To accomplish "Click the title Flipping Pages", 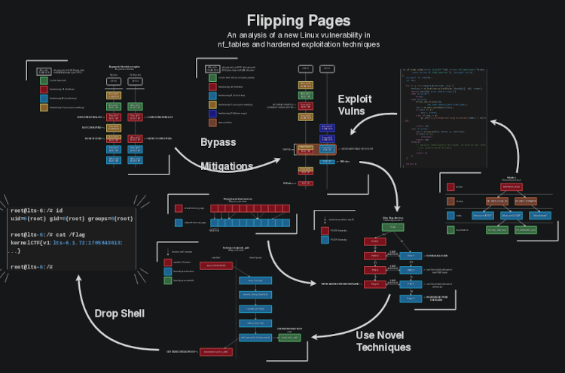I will (x=299, y=20).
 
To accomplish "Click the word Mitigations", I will (x=227, y=166).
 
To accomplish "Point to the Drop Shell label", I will (x=119, y=314).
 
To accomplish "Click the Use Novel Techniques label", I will (x=383, y=341).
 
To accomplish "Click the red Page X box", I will (x=374, y=284).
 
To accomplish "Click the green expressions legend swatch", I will (x=450, y=230).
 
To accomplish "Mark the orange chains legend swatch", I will (x=450, y=202).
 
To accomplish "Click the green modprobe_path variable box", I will (x=289, y=338).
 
